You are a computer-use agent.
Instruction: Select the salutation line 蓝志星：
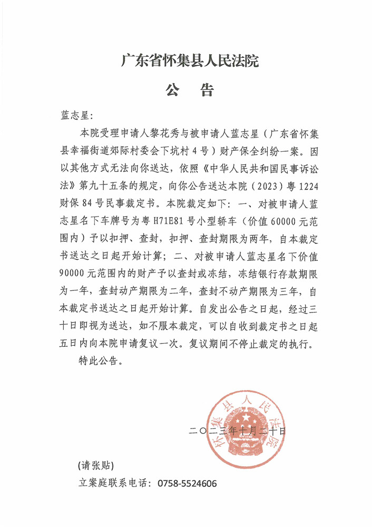pyautogui.click(x=77, y=115)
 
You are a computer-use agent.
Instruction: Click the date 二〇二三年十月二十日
pyautogui.click(x=237, y=432)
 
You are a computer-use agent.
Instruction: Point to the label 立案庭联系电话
pyautogui.click(x=111, y=483)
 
